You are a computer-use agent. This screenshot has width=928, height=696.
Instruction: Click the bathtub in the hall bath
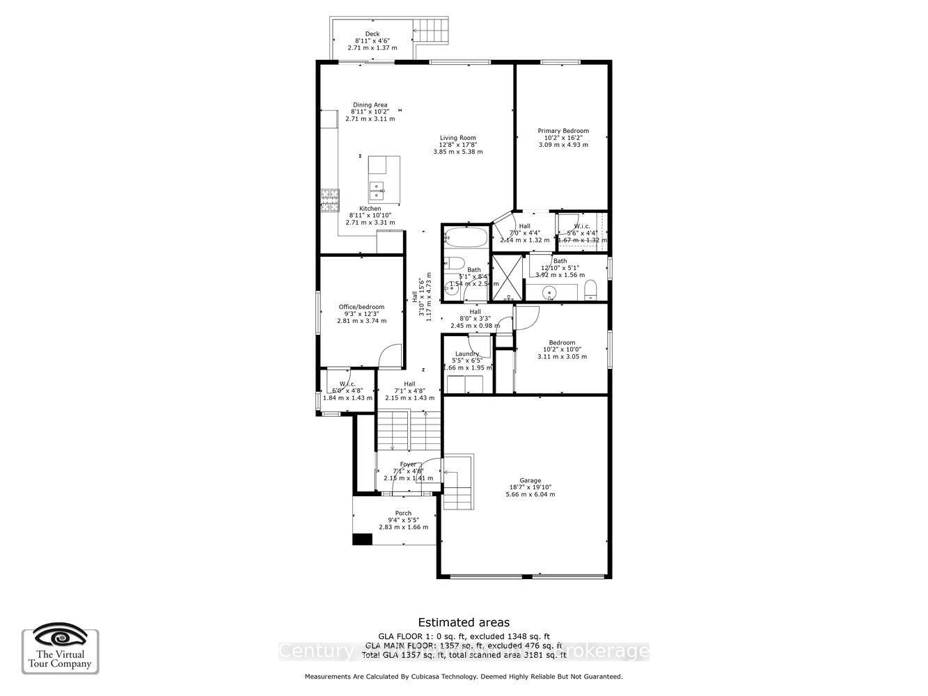click(465, 238)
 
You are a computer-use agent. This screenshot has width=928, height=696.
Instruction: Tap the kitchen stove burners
click(329, 201)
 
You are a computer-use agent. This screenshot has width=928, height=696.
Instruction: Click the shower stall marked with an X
click(506, 278)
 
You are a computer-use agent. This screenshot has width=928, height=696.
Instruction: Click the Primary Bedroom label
click(563, 131)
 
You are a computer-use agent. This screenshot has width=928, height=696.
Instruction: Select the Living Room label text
click(457, 138)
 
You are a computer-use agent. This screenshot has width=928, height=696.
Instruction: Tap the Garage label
click(530, 480)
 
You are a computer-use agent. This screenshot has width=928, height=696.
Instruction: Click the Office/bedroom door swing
click(391, 355)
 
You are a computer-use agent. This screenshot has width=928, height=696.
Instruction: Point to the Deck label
click(372, 34)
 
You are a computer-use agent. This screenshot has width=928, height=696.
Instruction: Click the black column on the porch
click(362, 539)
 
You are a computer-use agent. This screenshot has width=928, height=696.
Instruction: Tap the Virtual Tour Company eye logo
click(61, 637)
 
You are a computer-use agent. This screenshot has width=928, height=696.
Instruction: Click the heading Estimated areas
click(463, 623)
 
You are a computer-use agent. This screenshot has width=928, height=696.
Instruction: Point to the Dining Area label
click(370, 105)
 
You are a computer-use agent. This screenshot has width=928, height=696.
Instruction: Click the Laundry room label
click(466, 354)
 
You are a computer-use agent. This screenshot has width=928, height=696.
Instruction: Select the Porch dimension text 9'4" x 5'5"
click(403, 520)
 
